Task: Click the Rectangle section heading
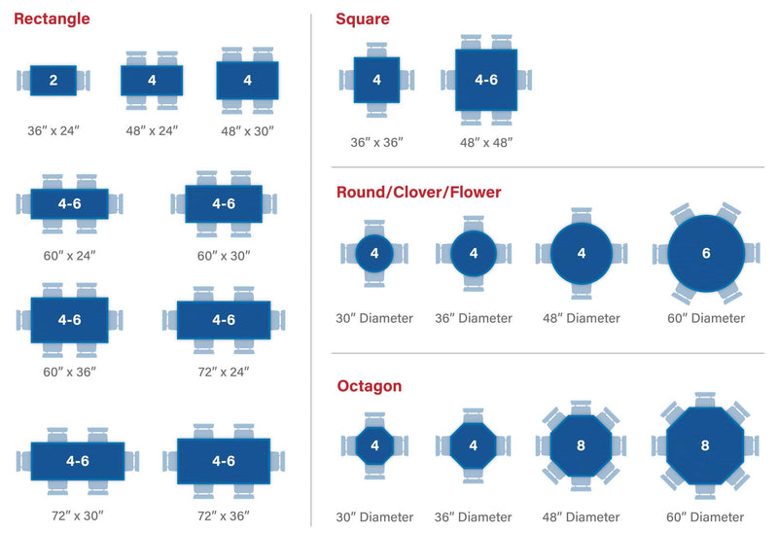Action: tap(52, 18)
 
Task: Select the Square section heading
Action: tap(362, 18)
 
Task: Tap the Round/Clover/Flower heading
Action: tap(419, 192)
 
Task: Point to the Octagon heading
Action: tap(370, 385)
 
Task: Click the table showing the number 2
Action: tap(53, 81)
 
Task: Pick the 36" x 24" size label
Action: tap(53, 130)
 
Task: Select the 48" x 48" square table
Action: tap(486, 80)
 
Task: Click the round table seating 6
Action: tap(706, 253)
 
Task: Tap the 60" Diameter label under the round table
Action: tap(706, 318)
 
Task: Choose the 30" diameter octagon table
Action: tap(374, 445)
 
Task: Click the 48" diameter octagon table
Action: tap(581, 445)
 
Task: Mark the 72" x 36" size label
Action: tap(224, 516)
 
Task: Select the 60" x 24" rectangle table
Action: tap(69, 203)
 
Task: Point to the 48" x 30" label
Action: tap(248, 131)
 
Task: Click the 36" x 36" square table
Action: tap(376, 80)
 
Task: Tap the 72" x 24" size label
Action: tap(224, 372)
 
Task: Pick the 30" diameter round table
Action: tap(374, 253)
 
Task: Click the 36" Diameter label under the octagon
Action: tap(473, 517)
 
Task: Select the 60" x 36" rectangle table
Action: tap(69, 320)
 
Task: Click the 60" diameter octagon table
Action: tap(705, 445)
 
